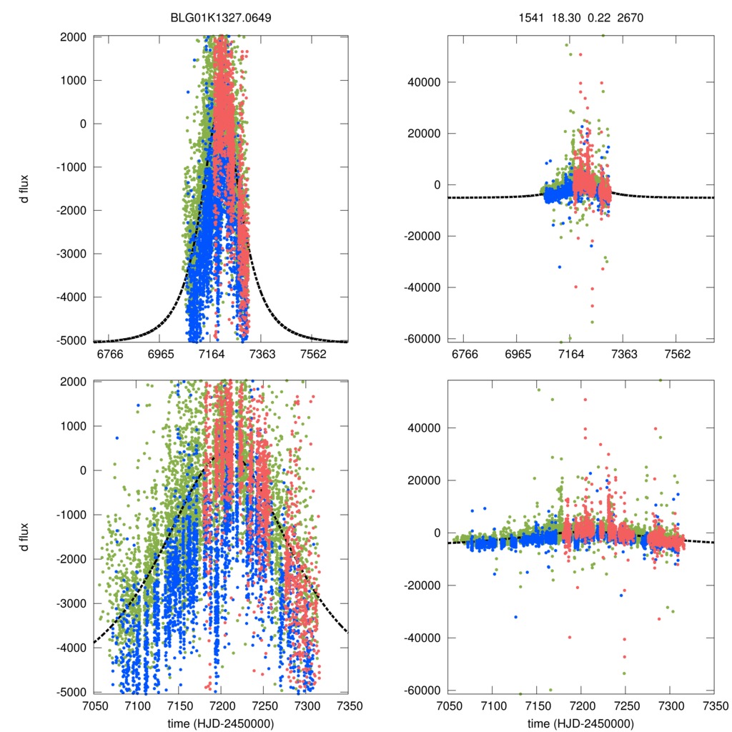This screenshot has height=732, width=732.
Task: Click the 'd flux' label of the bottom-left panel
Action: [x=26, y=536]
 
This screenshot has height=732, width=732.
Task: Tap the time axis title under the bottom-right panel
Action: [x=580, y=723]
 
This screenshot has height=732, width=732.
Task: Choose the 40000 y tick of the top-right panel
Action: [x=422, y=81]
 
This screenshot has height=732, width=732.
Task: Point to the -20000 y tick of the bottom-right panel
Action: [x=420, y=585]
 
